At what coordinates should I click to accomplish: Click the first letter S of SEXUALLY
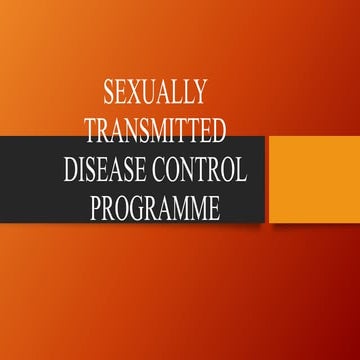[x=109, y=95]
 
